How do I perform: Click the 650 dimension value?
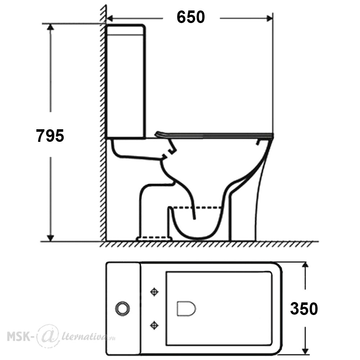190,17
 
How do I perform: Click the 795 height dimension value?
50,136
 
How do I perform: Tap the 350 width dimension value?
304,309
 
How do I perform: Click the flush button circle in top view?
123,309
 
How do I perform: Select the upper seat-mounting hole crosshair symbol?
154,292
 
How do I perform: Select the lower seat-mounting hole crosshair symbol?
154,325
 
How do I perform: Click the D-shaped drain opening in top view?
186,309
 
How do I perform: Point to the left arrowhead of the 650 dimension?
110,18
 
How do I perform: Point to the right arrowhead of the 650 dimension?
269,18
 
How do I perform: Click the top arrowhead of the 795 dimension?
50,27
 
